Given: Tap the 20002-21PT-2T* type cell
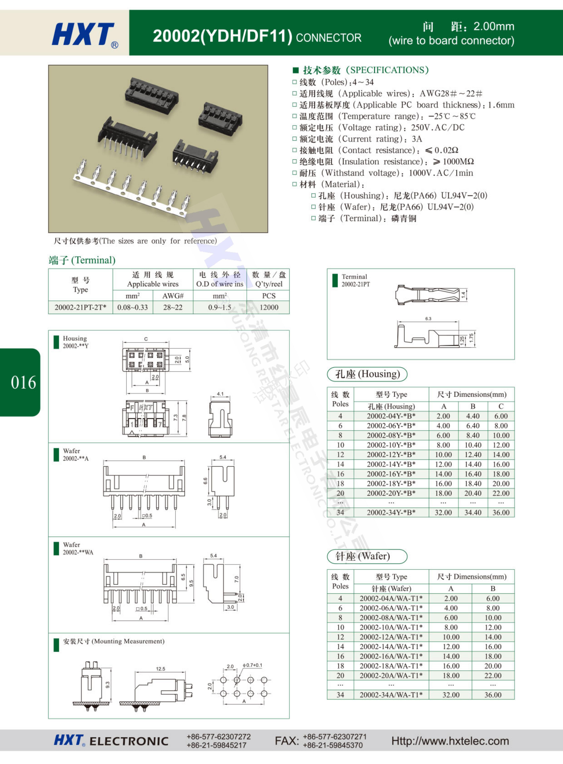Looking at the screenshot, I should [x=80, y=307].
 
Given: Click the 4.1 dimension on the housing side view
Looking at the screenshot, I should [x=220, y=394].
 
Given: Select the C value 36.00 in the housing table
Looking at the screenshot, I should [x=501, y=512].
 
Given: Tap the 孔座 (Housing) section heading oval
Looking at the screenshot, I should [x=367, y=374].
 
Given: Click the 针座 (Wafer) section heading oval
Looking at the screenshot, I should [x=367, y=556].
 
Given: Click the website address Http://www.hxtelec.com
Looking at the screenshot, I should [x=450, y=741].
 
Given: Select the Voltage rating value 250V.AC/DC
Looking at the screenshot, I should [x=438, y=127].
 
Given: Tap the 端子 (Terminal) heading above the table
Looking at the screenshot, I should [x=82, y=260].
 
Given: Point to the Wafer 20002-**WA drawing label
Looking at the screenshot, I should [x=78, y=548].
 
